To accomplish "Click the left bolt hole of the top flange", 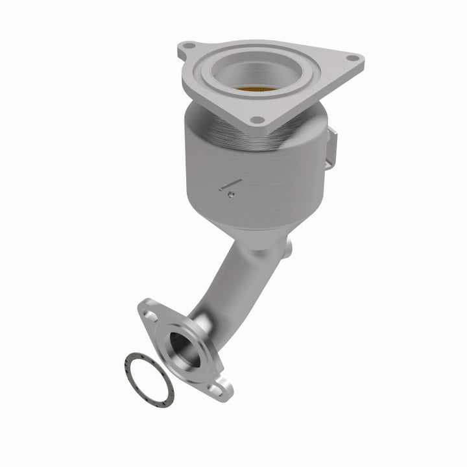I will (x=188, y=47).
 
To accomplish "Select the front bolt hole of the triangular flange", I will (x=257, y=120).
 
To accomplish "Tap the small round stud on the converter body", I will (x=231, y=193).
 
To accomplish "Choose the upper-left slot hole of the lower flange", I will (x=150, y=315).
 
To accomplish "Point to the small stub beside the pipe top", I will (x=288, y=247).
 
